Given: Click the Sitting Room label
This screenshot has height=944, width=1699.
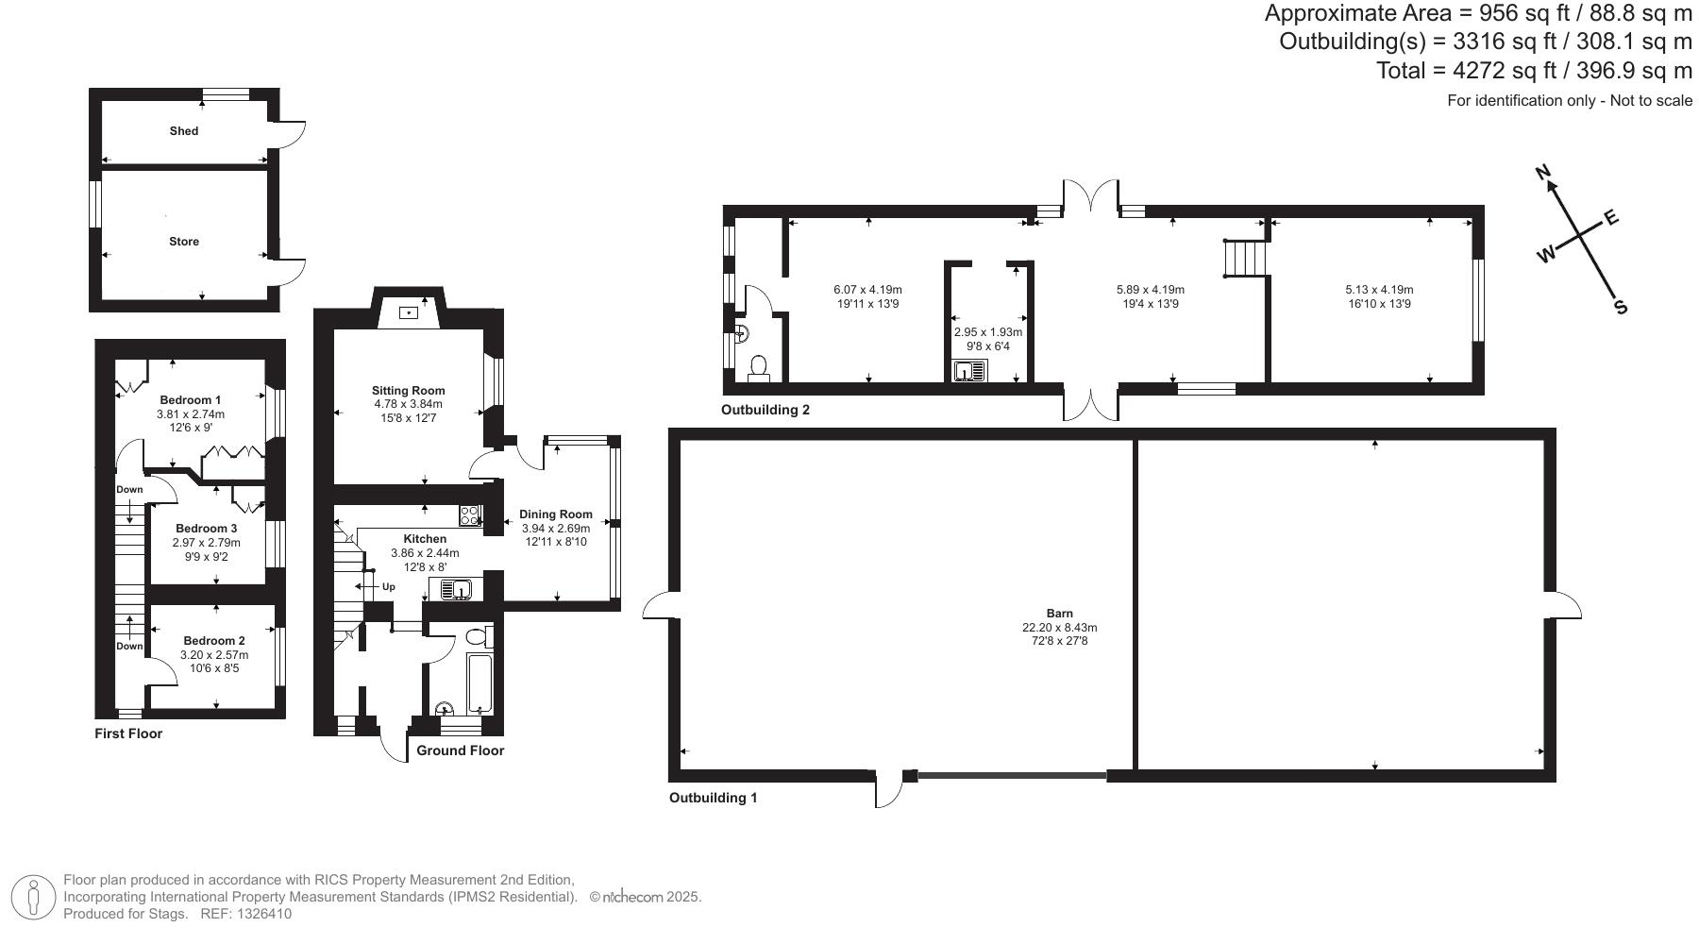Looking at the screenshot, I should [x=408, y=390].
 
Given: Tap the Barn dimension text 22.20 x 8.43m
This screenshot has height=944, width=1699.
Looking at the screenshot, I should [x=1059, y=627].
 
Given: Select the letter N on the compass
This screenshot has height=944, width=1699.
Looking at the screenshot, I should [x=1544, y=173].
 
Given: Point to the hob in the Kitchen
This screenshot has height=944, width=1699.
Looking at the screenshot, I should [x=469, y=515].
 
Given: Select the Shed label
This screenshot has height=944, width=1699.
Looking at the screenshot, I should [x=184, y=131].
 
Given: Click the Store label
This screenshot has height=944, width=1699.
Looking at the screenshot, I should [x=184, y=242].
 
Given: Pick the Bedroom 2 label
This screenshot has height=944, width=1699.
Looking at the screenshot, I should [x=214, y=641].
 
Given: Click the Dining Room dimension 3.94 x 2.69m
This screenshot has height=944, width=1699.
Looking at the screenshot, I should [x=555, y=529].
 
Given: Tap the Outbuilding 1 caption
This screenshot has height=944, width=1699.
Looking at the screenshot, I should [x=713, y=798].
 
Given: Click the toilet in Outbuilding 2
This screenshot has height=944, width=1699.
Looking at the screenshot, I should [x=758, y=367].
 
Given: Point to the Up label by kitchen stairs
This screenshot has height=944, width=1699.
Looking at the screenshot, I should [x=388, y=587].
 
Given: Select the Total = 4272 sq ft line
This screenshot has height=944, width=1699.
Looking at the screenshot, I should [x=1533, y=71].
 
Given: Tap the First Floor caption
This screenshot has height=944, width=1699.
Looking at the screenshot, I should [x=128, y=733].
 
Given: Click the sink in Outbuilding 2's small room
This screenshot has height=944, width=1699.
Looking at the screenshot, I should [x=968, y=372].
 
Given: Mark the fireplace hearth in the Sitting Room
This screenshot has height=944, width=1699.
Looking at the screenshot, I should [x=409, y=312].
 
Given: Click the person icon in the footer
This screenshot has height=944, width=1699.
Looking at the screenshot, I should [x=34, y=897].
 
